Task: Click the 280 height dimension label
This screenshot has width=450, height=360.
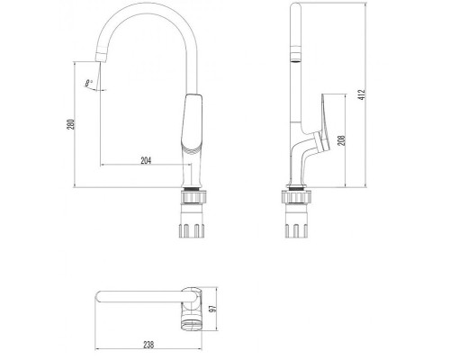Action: tap(70, 124)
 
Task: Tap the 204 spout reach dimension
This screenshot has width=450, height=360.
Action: tap(146, 160)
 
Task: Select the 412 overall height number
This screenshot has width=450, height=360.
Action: tap(362, 94)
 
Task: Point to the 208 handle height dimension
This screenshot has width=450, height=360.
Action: tap(342, 140)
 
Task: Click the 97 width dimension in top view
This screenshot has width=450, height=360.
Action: tap(212, 309)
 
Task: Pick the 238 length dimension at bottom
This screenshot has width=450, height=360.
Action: tap(148, 345)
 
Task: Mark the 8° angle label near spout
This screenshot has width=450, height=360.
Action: tap(89, 83)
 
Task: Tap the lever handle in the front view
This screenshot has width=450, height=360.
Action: tap(193, 123)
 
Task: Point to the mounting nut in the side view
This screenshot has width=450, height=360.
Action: tap(296, 197)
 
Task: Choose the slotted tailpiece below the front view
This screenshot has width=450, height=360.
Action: tap(192, 230)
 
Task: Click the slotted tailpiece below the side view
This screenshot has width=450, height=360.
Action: tap(296, 230)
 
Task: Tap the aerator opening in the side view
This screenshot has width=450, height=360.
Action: tap(296, 61)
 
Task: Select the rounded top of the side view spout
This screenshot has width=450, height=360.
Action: tap(296, 5)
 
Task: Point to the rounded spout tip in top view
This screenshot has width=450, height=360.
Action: tap(98, 296)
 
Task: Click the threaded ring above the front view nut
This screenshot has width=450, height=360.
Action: tap(193, 189)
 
